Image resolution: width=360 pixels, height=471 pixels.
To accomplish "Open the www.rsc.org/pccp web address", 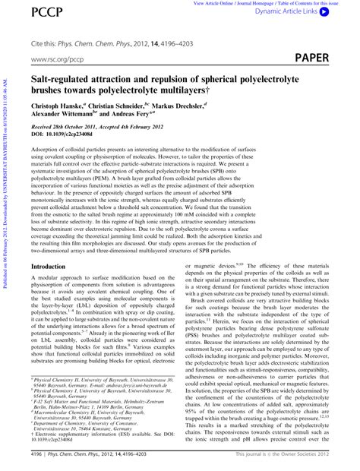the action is pos(56,58).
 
